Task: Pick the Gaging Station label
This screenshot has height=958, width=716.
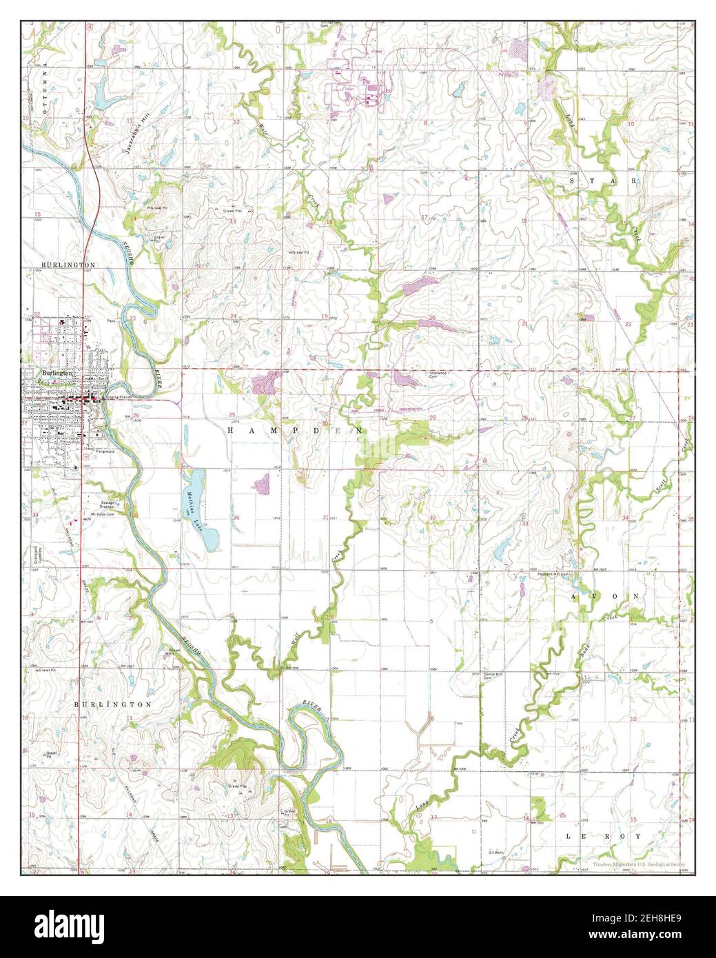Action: click(118, 398)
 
